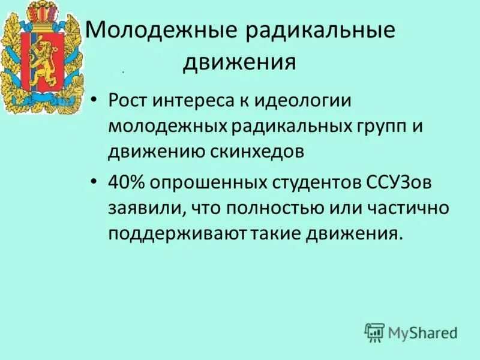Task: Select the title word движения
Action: click(240, 62)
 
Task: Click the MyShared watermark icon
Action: click(374, 332)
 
